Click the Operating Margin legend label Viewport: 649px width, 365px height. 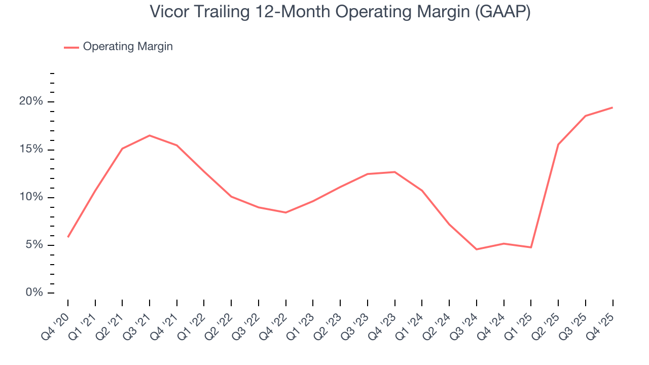[x=128, y=47]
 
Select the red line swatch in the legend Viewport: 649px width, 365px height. [x=71, y=47]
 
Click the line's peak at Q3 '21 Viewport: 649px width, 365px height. [x=150, y=135]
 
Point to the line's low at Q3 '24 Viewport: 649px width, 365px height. [x=477, y=249]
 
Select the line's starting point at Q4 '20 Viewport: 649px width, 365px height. [x=68, y=237]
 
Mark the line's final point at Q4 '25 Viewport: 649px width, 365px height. [x=612, y=107]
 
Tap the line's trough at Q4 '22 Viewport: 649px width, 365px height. [x=286, y=212]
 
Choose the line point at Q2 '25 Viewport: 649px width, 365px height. [x=558, y=144]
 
